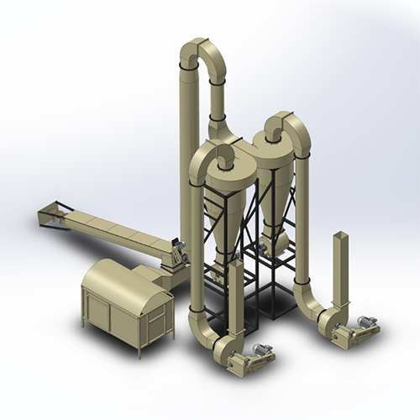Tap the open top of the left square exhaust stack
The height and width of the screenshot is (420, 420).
point(237,263)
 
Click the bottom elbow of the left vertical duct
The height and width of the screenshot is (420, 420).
point(202,333)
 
